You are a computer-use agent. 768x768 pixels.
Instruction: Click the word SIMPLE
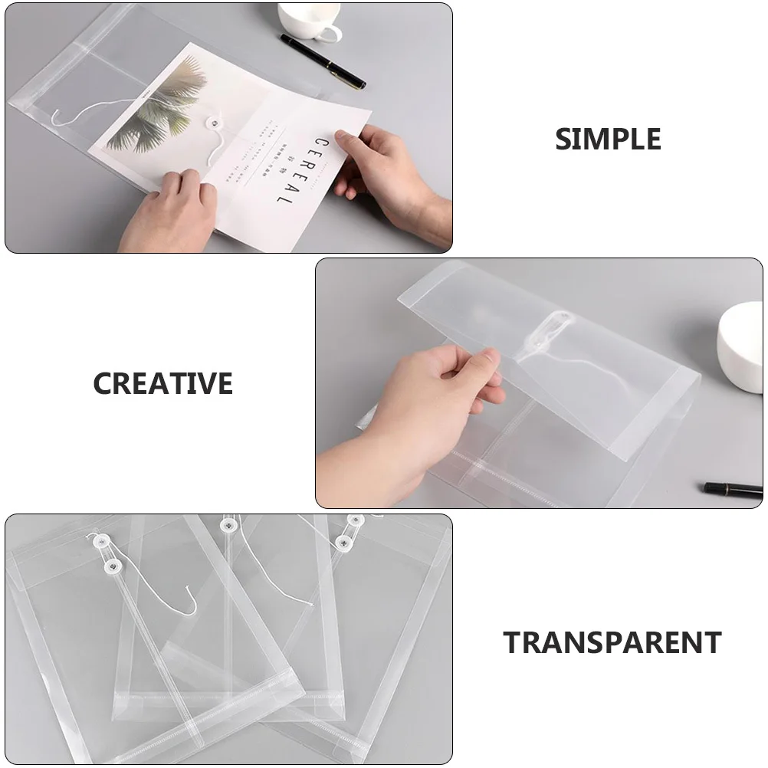tap(608, 139)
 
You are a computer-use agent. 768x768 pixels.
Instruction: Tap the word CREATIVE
tap(162, 383)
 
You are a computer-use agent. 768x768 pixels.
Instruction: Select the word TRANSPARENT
tap(612, 642)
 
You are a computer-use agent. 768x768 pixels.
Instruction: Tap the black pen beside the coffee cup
tap(322, 61)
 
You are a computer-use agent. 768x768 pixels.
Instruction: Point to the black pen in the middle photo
tap(732, 488)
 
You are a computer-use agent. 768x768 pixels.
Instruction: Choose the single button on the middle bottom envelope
tap(227, 526)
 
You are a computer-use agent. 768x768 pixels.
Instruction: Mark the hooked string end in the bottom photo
tap(188, 606)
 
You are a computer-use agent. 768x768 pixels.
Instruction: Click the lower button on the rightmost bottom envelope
tap(341, 543)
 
